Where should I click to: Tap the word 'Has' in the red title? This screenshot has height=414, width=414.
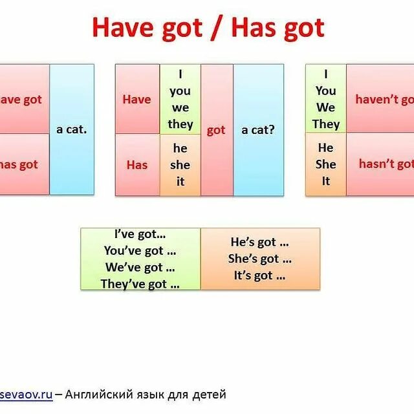[x=254, y=28]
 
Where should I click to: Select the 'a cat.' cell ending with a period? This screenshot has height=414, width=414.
[x=71, y=129]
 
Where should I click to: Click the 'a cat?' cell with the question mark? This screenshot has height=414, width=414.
[x=258, y=130]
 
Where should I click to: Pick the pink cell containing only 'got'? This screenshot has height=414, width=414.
[x=216, y=130]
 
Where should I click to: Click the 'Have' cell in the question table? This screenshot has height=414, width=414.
[x=136, y=99]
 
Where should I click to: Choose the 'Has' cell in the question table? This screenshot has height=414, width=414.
[x=136, y=164]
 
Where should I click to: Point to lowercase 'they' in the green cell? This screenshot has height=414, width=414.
[x=180, y=124]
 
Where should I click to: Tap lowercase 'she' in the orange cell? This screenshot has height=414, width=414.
[x=180, y=165]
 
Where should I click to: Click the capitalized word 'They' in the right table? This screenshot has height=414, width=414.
[x=326, y=123]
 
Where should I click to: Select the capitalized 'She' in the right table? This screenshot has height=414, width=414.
[x=326, y=164]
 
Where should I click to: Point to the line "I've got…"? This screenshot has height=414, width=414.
[x=140, y=235]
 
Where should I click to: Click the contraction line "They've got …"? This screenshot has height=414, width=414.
[x=140, y=283]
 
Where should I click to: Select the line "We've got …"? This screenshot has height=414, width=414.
[x=140, y=267]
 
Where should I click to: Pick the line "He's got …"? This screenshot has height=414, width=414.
[x=259, y=243]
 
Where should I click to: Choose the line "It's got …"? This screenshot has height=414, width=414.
[x=259, y=276]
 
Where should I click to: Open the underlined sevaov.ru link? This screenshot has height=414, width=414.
[x=26, y=394]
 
